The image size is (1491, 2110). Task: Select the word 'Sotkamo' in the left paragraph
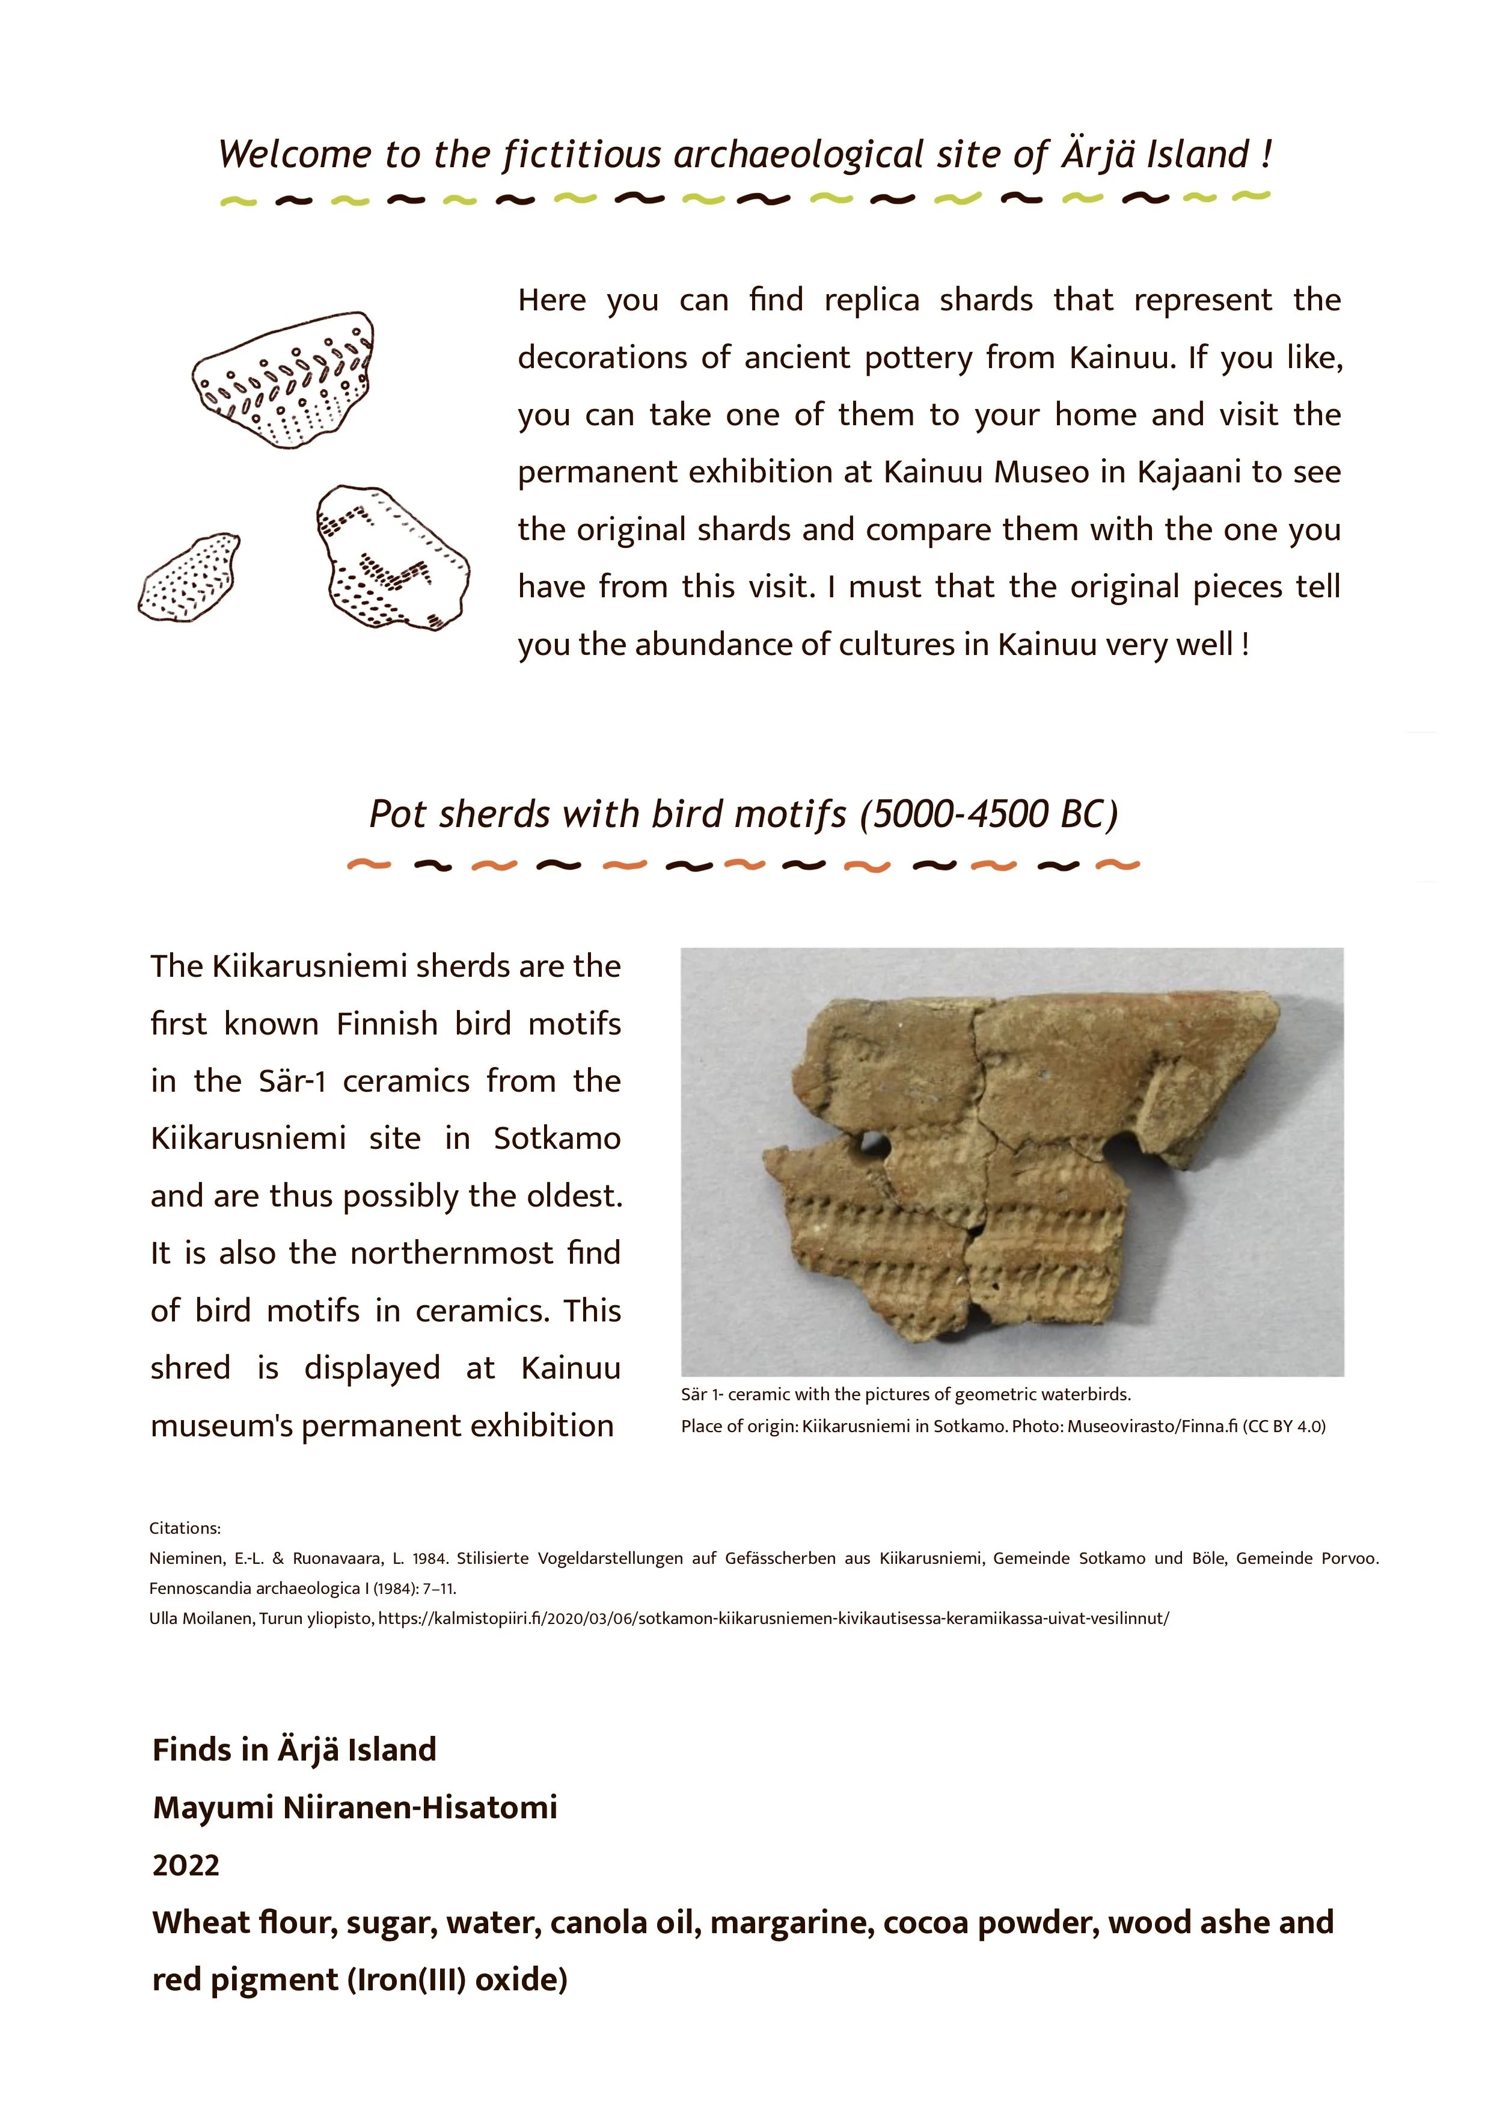coord(557,1138)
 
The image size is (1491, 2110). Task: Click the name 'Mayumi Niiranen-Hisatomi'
coord(355,1807)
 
